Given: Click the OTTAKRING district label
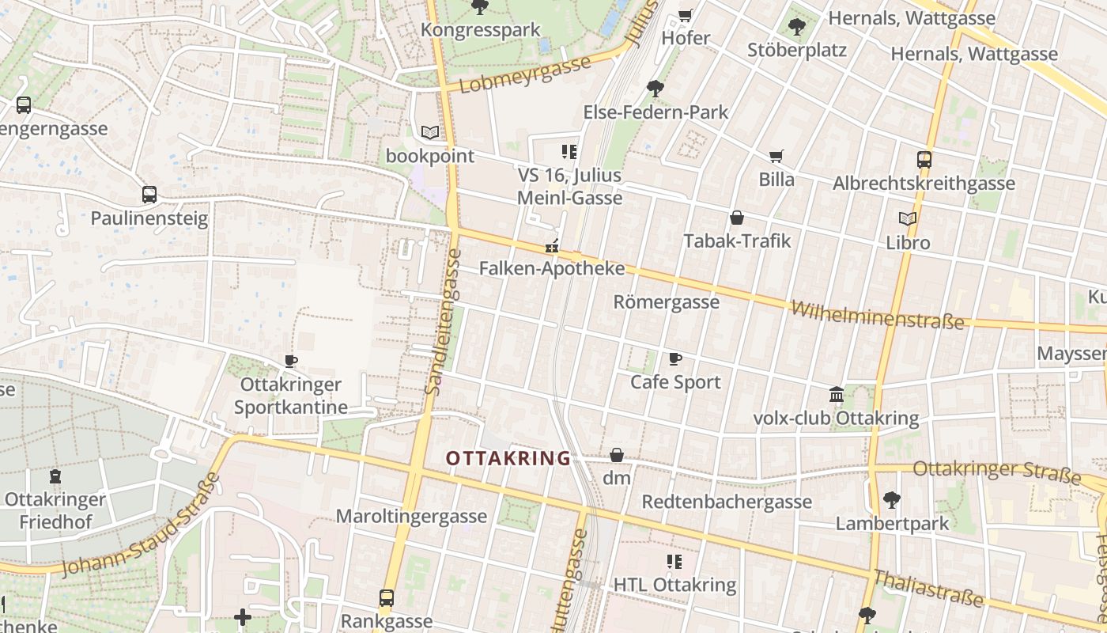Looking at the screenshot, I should (x=508, y=458).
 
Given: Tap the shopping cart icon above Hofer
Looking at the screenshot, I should (x=686, y=15).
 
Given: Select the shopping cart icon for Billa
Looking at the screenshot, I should (x=776, y=157).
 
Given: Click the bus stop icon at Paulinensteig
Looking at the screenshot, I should (x=149, y=195).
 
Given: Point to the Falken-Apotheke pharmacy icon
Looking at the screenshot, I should (x=552, y=246).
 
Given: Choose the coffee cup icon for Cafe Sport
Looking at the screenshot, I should (x=675, y=359).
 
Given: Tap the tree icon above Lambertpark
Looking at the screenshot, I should (x=892, y=500).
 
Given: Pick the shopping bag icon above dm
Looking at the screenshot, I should (x=617, y=455).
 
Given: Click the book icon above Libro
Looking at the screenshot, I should (x=908, y=219).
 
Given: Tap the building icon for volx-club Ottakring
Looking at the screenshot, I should (x=836, y=394).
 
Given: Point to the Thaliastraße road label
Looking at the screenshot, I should (x=928, y=589).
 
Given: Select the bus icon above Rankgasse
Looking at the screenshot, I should (x=387, y=598).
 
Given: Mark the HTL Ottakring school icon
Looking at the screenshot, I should (x=674, y=562).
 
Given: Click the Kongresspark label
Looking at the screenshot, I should (x=480, y=29).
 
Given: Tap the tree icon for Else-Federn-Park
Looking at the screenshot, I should (x=656, y=88).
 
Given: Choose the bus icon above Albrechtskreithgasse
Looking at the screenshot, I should (x=924, y=159).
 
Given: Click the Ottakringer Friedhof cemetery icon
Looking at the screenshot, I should (x=55, y=476).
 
